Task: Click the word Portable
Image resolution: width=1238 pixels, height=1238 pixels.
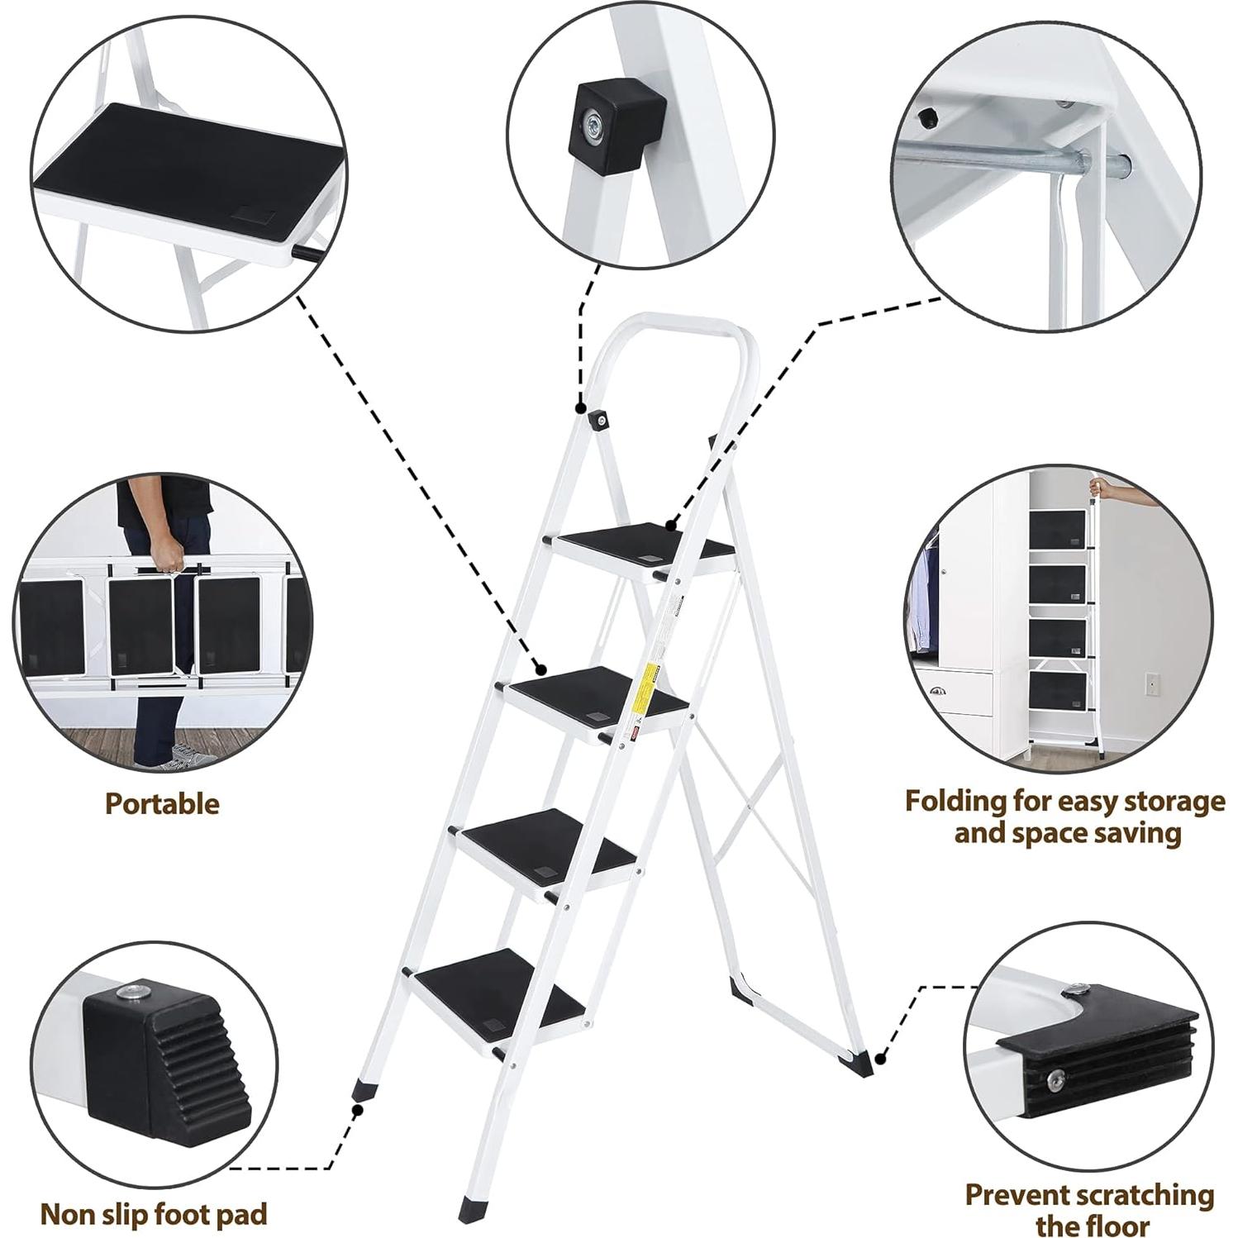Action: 162,803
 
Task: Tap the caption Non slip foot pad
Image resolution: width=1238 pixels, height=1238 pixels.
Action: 155,1214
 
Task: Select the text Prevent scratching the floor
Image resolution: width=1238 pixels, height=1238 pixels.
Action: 1089,1208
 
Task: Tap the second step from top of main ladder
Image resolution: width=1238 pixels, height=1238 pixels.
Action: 595,693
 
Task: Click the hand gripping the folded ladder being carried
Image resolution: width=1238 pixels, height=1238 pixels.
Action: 169,555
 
